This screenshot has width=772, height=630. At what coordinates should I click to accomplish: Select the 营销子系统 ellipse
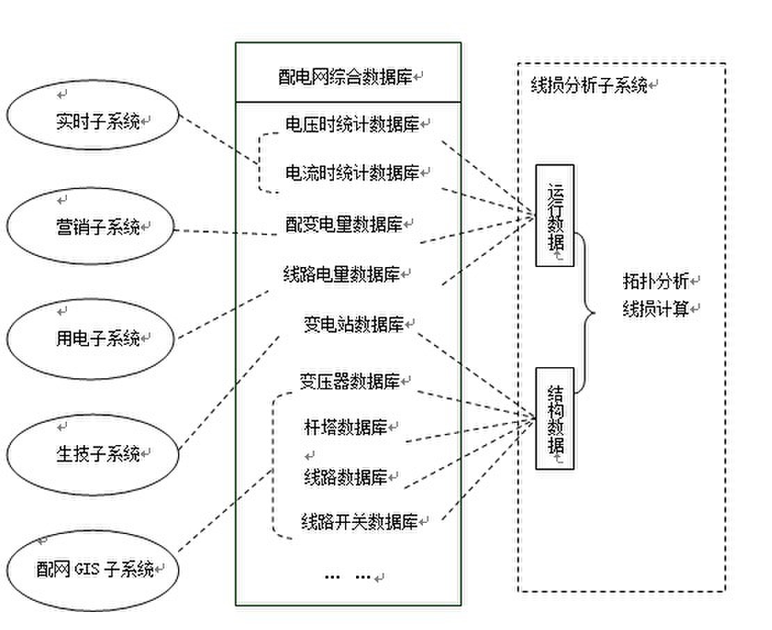90,227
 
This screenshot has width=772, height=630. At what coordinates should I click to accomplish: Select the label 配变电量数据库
344,224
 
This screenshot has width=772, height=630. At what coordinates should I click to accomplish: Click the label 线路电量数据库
342,273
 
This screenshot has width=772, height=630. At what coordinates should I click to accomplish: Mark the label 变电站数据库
353,324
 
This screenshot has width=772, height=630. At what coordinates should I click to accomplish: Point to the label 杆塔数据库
345,426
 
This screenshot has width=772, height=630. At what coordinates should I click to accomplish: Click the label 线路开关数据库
360,522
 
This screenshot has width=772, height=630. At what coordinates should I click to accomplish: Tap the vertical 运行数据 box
554,216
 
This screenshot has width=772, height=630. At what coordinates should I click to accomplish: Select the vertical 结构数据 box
554,419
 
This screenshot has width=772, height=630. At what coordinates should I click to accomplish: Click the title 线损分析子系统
588,85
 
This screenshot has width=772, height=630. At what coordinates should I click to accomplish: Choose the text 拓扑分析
655,281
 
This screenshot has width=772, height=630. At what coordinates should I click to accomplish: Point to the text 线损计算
655,309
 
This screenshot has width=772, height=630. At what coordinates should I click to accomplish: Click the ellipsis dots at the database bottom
348,576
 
